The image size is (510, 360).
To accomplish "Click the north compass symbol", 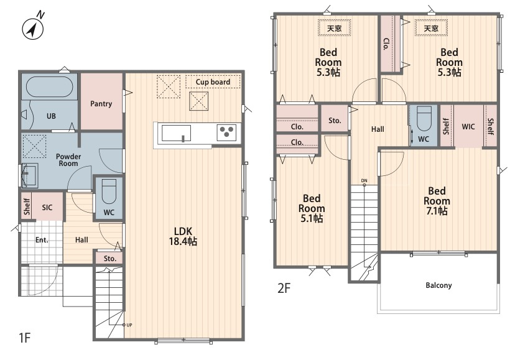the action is click(33, 27).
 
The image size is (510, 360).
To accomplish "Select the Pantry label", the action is click(101, 104).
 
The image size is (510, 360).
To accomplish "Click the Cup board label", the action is click(213, 82).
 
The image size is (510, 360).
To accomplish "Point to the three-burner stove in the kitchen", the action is click(227, 132).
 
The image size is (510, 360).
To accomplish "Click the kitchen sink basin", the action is click(176, 133).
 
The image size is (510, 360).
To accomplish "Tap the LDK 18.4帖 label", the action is click(183, 236).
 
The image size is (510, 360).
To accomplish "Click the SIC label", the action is click(47, 208).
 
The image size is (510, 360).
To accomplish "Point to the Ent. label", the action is click(42, 240).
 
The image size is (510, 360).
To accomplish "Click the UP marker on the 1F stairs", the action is click(127, 325).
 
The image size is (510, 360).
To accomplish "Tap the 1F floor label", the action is click(25, 338).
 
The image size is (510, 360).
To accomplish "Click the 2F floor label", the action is click(284, 288).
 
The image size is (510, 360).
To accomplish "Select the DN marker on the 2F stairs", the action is click(364, 182).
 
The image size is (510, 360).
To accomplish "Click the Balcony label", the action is click(438, 285).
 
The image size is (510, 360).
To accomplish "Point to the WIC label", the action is click(468, 127).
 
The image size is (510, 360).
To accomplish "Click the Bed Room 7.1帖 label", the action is click(437, 201).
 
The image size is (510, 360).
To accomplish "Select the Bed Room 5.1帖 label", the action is click(312, 208).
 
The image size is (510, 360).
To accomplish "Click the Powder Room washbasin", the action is click(30, 175).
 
